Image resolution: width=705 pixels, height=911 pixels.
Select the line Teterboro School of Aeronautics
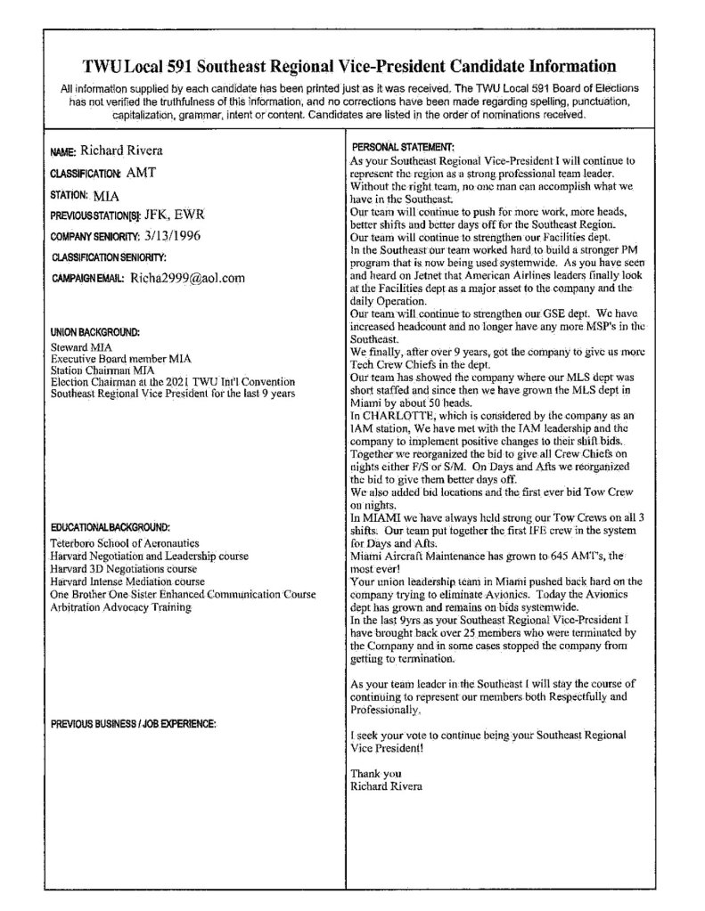coord(124,542)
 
